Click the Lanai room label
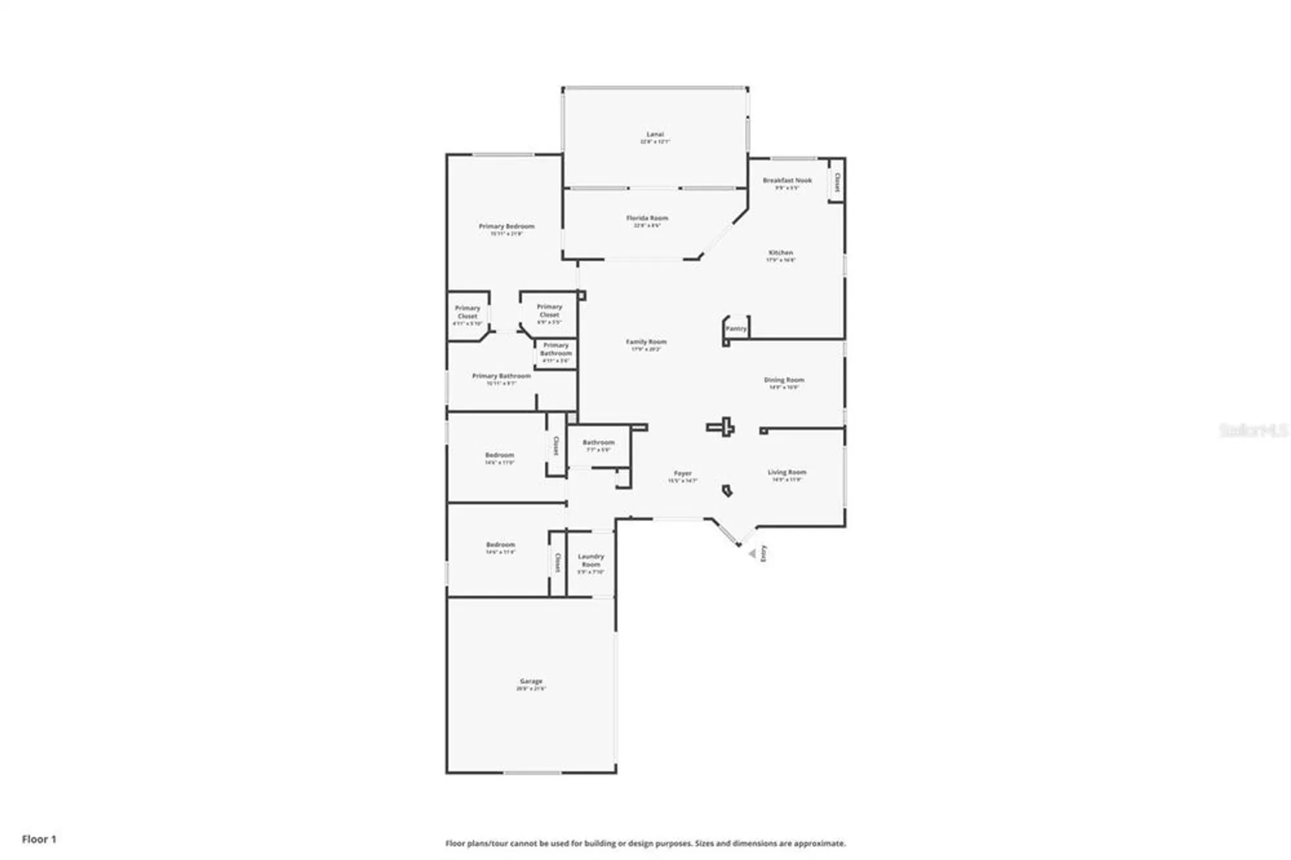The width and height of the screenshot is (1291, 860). (x=655, y=134)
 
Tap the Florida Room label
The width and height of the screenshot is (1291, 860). (x=647, y=218)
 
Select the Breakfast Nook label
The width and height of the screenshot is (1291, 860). (x=787, y=181)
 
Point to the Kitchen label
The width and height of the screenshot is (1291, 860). (x=780, y=252)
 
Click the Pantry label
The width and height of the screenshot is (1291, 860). (x=735, y=329)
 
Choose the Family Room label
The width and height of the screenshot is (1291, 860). (x=645, y=342)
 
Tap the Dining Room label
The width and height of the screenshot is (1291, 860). (x=784, y=380)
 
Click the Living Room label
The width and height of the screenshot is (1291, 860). (x=786, y=473)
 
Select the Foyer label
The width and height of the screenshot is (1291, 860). (x=682, y=473)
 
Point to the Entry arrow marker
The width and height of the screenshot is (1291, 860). (x=752, y=553)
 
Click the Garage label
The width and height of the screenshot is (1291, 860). (x=531, y=681)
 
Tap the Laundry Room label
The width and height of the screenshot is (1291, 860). (x=591, y=560)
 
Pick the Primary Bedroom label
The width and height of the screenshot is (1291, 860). (x=506, y=227)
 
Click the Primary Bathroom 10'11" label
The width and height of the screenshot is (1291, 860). (x=501, y=376)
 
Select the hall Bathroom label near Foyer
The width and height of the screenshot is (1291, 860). (x=598, y=442)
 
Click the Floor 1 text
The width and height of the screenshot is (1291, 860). (x=39, y=839)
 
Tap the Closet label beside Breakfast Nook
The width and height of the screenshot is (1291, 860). (x=837, y=182)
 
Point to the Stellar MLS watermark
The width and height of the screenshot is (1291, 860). (x=1253, y=429)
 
